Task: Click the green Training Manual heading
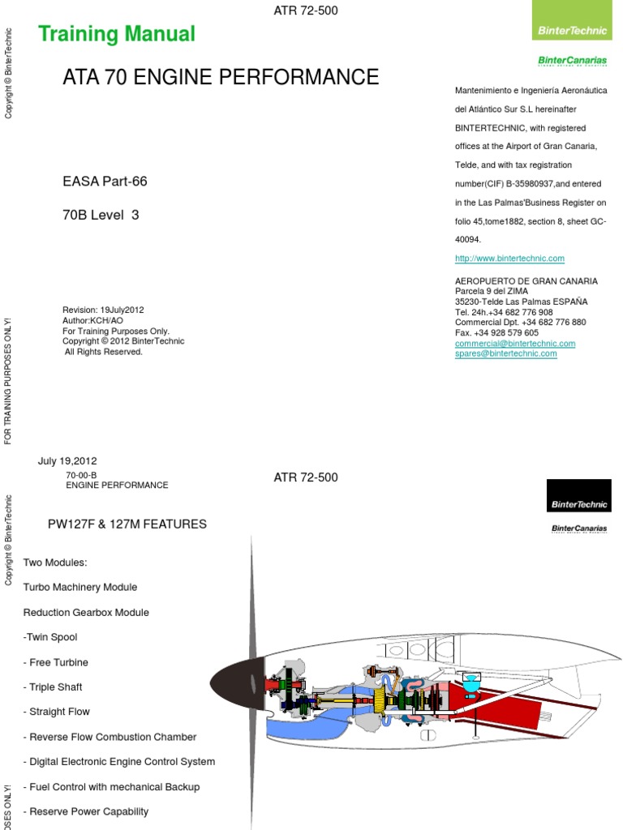click(x=117, y=34)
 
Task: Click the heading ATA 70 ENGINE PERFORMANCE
click(x=221, y=78)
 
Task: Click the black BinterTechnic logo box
click(x=578, y=494)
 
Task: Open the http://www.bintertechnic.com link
click(x=509, y=259)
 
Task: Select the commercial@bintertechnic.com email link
click(x=515, y=344)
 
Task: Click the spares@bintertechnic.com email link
click(x=506, y=354)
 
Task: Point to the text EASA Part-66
click(x=105, y=182)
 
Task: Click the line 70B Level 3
click(x=101, y=216)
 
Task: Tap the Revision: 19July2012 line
click(x=104, y=310)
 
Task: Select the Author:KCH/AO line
click(x=93, y=320)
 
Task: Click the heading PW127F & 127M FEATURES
click(x=127, y=524)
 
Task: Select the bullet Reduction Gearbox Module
click(x=86, y=613)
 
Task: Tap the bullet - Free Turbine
click(x=56, y=662)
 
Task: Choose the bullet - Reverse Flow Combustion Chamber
click(x=110, y=737)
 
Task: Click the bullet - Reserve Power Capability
click(x=86, y=811)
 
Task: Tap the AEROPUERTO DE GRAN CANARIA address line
click(x=526, y=281)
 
